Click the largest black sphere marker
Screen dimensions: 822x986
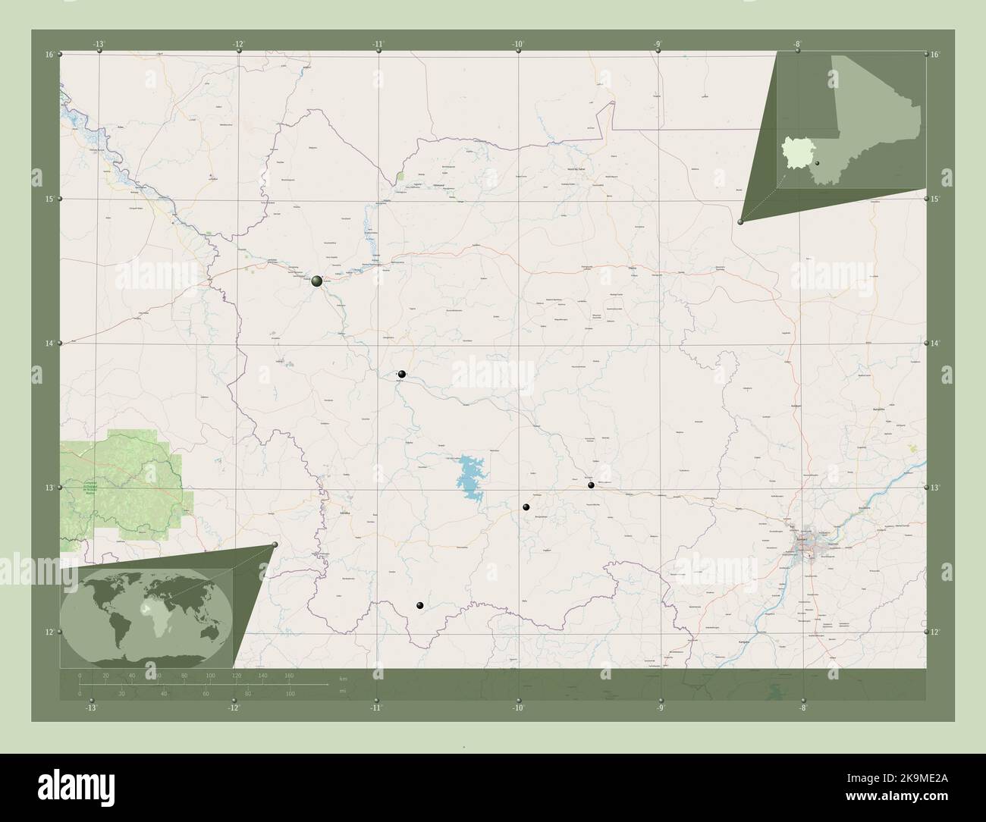click(317, 281)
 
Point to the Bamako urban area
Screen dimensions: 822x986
click(807, 545)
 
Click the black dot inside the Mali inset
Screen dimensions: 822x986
click(818, 164)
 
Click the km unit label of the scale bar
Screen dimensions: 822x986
click(344, 679)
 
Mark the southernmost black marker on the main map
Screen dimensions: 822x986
click(419, 605)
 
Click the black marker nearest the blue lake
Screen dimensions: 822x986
click(526, 507)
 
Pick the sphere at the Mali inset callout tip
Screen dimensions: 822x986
click(740, 221)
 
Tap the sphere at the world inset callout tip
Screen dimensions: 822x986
click(275, 544)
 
